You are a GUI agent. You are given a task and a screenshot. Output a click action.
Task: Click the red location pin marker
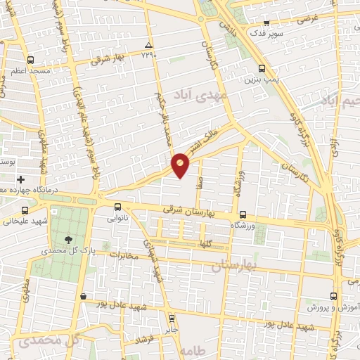pyautogui.click(x=181, y=165)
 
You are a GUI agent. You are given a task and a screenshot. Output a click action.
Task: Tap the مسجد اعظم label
pyautogui.click(x=30, y=72)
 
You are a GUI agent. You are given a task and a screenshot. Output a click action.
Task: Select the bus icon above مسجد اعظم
pyautogui.click(x=30, y=60)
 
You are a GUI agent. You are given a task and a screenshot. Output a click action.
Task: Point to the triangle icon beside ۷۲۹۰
pyautogui.click(x=148, y=44)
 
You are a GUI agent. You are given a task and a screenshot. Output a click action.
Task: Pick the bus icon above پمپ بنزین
pyautogui.click(x=262, y=69)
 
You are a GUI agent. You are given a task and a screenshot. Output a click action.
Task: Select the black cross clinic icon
pyautogui.click(x=21, y=180)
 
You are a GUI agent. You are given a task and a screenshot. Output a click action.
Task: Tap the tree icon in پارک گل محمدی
pyautogui.click(x=67, y=239)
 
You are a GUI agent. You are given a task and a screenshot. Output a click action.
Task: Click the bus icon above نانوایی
pyautogui.click(x=117, y=207)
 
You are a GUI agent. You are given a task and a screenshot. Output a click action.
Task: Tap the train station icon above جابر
pyautogui.click(x=172, y=318)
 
